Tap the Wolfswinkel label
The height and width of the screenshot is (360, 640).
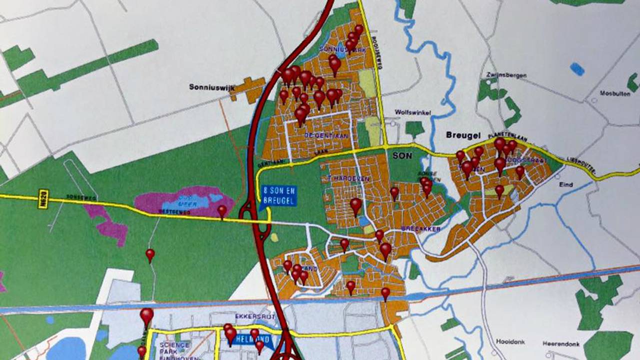[412, 112]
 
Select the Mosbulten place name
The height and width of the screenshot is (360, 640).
[614, 93]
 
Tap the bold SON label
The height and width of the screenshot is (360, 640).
[402, 155]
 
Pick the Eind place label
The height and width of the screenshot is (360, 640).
[566, 184]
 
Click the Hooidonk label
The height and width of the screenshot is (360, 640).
[511, 342]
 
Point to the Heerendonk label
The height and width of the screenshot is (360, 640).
[561, 344]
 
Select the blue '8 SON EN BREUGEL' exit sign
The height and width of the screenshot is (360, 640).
[279, 195]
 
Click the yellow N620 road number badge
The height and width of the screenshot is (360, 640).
[43, 198]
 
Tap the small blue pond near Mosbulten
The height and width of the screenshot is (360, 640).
[577, 68]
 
